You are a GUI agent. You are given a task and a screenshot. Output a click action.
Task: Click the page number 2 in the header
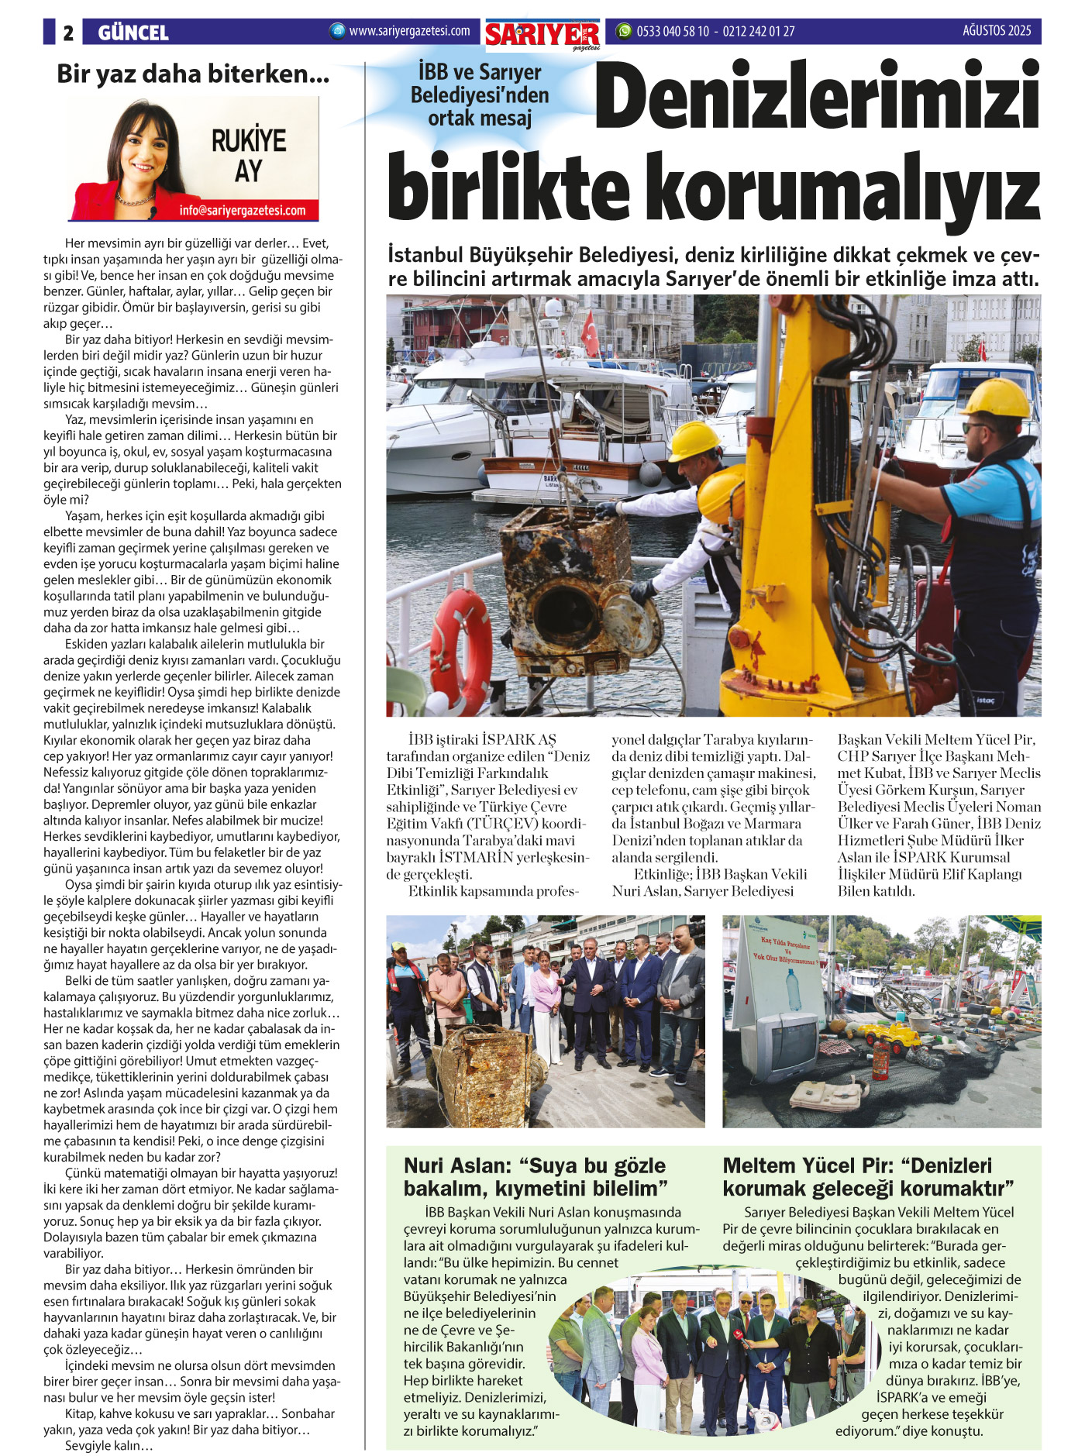[x=68, y=33]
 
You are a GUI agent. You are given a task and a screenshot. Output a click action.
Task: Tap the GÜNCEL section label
[x=133, y=33]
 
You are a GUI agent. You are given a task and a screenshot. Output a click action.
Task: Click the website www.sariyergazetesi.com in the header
[x=409, y=32]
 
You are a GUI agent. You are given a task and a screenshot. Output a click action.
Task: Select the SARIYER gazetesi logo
[x=542, y=35]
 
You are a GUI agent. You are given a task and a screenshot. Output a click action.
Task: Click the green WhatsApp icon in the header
[x=623, y=32]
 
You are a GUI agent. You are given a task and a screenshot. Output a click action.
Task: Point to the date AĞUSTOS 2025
[x=997, y=31]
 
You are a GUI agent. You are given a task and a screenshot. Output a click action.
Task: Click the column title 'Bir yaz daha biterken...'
[x=193, y=74]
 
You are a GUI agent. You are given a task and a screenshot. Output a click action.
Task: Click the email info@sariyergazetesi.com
[x=242, y=211]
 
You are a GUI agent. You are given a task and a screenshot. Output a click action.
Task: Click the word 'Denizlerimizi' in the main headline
[x=817, y=97]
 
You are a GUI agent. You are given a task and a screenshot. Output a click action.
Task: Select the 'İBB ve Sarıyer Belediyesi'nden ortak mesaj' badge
[x=480, y=95]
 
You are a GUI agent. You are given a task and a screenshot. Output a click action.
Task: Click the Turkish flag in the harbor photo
[x=591, y=333]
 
